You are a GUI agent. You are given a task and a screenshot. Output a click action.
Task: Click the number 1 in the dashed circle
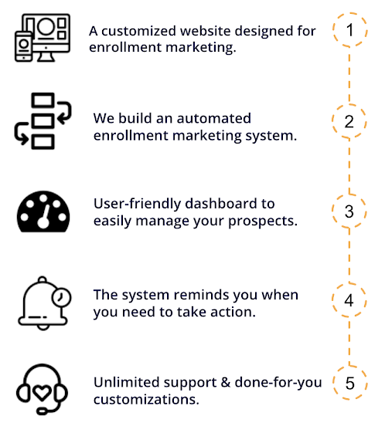click(350, 30)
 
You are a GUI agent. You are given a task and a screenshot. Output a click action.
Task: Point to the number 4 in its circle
click(349, 300)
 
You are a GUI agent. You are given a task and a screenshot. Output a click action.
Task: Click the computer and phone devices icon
click(43, 38)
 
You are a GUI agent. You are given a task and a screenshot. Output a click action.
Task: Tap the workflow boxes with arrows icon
click(43, 121)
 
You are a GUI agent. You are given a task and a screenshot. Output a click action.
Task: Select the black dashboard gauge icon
click(43, 211)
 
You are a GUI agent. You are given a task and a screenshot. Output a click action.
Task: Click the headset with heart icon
click(42, 389)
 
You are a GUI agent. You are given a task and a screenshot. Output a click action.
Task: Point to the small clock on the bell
click(61, 297)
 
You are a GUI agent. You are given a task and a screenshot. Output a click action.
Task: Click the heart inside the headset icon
click(42, 393)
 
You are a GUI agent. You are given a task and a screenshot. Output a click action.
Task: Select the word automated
click(214, 118)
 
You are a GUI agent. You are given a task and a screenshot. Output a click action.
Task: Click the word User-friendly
click(137, 204)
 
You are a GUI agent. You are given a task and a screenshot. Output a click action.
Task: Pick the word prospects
click(263, 221)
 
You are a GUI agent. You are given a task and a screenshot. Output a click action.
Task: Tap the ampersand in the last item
click(226, 383)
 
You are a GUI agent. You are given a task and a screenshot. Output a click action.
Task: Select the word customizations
click(146, 400)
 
